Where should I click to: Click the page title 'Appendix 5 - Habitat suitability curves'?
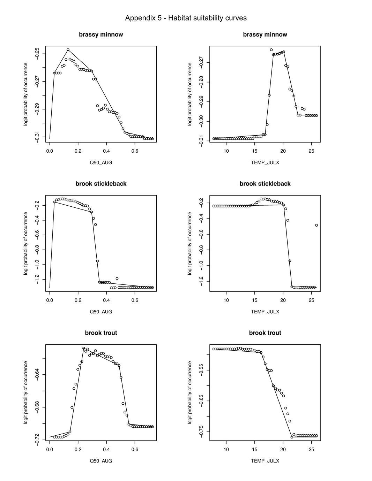point(186,18)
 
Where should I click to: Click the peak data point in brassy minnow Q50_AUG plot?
point(68,50)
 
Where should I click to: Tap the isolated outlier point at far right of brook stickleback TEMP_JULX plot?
point(317,225)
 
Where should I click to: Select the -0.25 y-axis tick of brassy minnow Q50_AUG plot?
point(37,54)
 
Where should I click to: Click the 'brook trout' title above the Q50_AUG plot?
point(101,333)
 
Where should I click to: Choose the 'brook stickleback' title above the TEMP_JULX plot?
point(265,184)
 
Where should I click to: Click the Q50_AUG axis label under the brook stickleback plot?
point(101,312)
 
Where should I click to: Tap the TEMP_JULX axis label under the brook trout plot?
point(265,461)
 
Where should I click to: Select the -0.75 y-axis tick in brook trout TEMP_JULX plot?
point(201,432)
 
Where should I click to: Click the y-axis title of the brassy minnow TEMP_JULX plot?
point(190,94)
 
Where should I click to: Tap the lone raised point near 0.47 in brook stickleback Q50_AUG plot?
point(117,278)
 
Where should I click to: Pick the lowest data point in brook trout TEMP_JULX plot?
point(292,437)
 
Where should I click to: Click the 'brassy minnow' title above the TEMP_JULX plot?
point(265,35)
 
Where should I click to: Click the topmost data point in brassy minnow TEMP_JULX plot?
point(271,50)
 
